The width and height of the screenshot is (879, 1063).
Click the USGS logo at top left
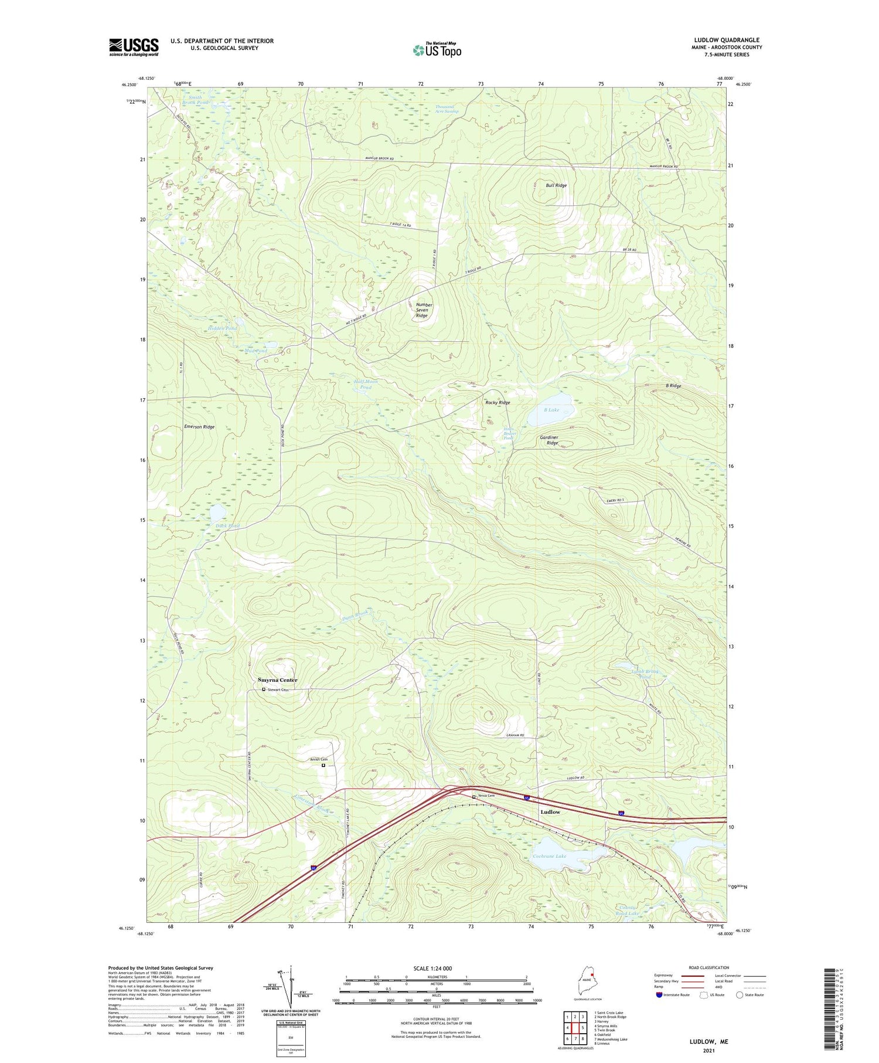point(134,47)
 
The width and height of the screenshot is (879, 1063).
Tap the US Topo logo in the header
point(437,50)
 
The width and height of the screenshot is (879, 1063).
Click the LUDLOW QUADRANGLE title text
point(726,40)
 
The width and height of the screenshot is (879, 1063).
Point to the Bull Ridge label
point(556,185)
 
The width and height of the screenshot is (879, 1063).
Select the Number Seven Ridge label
point(424,310)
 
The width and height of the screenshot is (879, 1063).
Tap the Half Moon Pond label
point(366,385)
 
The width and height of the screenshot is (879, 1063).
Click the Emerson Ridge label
point(199,427)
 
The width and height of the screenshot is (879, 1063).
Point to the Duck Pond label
point(227,526)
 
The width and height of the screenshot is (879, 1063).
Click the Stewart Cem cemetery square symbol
point(264,690)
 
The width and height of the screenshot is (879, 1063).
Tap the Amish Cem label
point(319,760)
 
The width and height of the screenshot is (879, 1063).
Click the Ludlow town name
point(550,812)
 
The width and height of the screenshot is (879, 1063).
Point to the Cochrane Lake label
point(549,857)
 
